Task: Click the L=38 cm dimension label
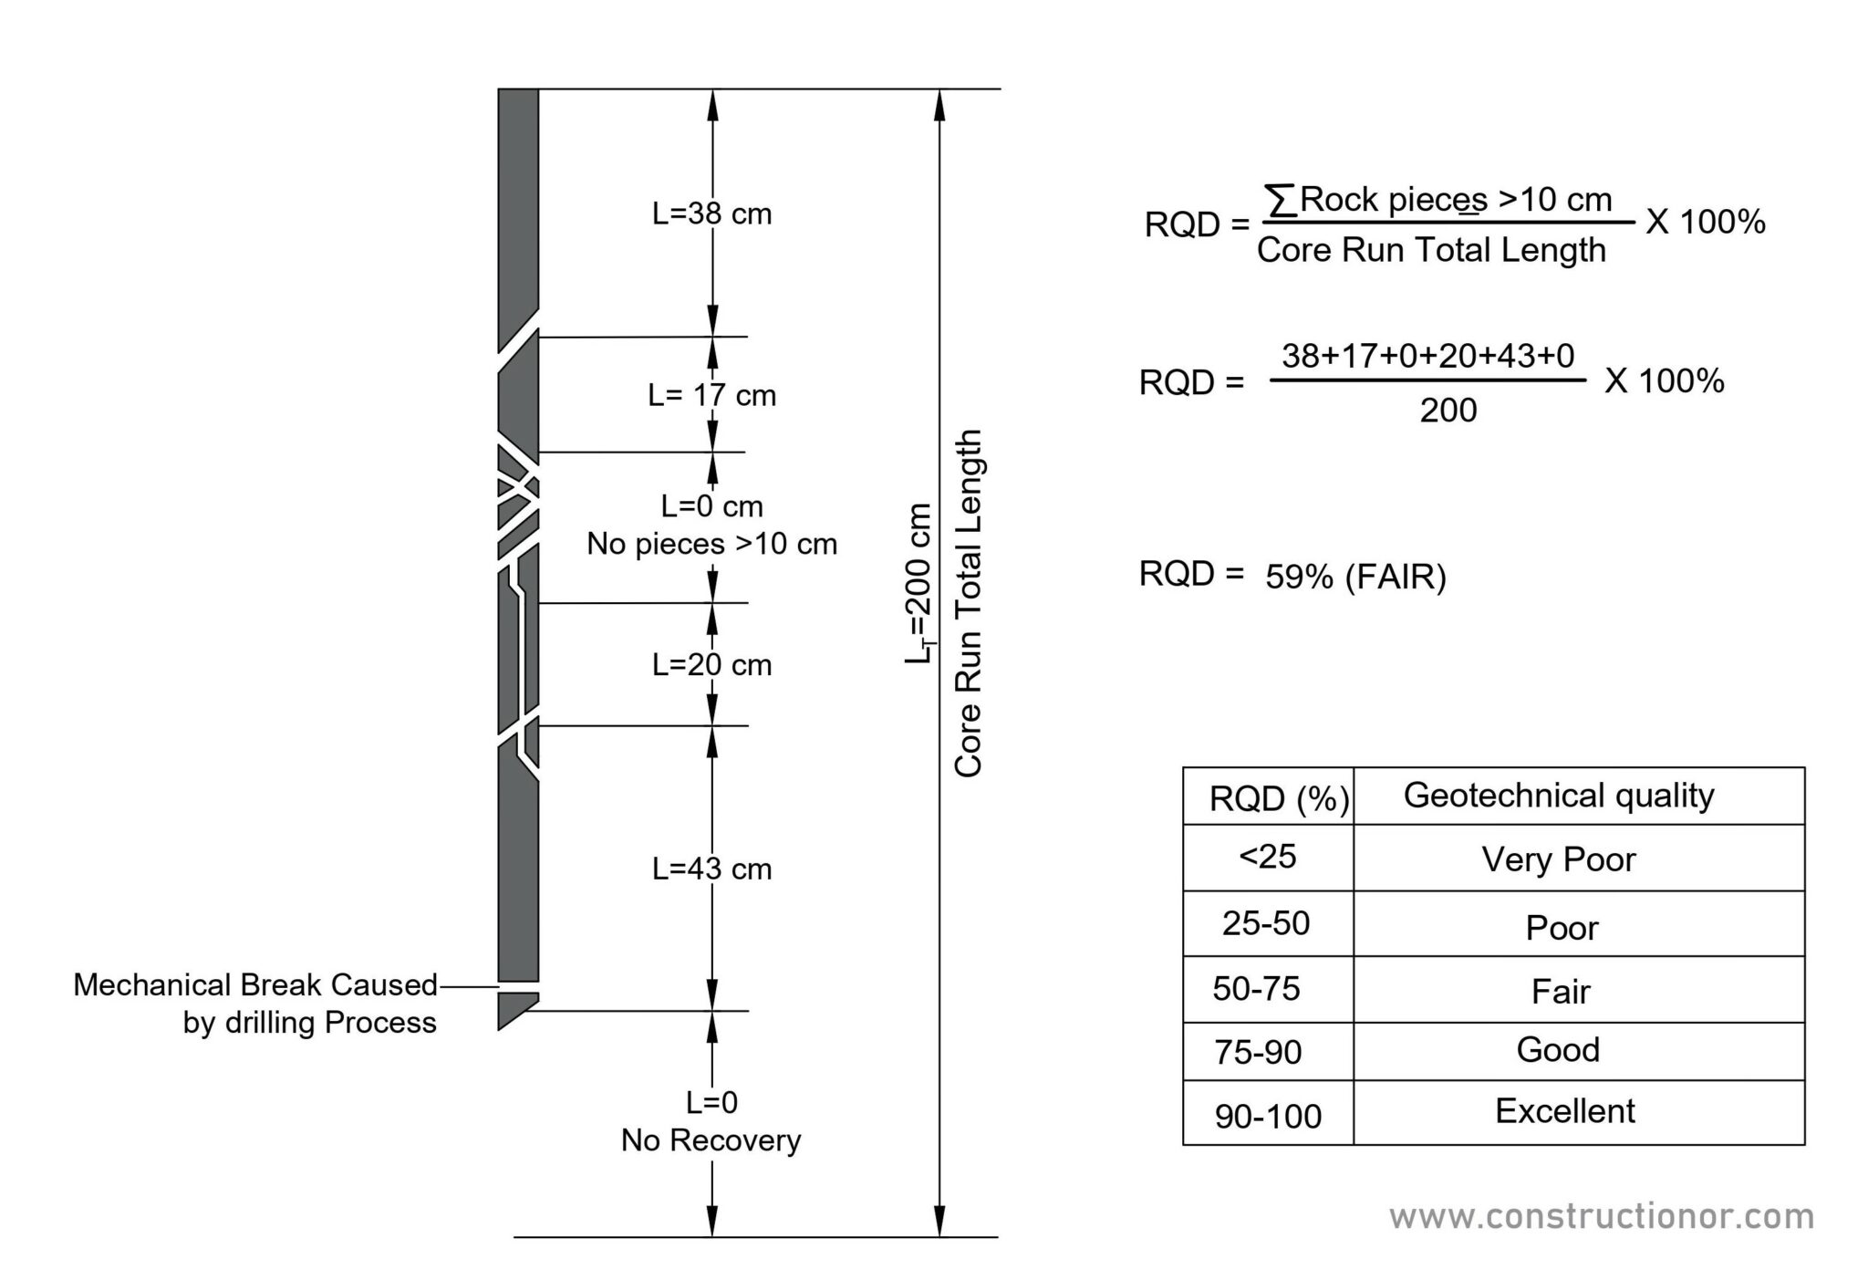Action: coord(711,214)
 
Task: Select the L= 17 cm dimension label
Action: coord(711,396)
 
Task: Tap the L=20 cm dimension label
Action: coord(711,665)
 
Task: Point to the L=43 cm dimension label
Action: coord(711,869)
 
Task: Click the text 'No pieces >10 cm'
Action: coord(711,545)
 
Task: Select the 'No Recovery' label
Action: coord(711,1140)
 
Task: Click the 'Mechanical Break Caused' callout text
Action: coord(255,985)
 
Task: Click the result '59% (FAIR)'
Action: coord(1355,577)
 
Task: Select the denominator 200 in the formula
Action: coord(1448,411)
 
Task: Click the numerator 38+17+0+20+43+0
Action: coord(1428,356)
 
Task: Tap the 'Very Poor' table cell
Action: coord(1558,859)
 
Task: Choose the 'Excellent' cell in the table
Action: coord(1564,1111)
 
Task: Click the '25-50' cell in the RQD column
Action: coord(1266,923)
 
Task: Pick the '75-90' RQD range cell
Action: coord(1258,1053)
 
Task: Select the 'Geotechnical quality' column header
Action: coord(1558,796)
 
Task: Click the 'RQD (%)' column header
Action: coord(1279,799)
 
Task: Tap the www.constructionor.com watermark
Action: coord(1601,1217)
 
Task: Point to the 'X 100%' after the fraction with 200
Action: coord(1664,381)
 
